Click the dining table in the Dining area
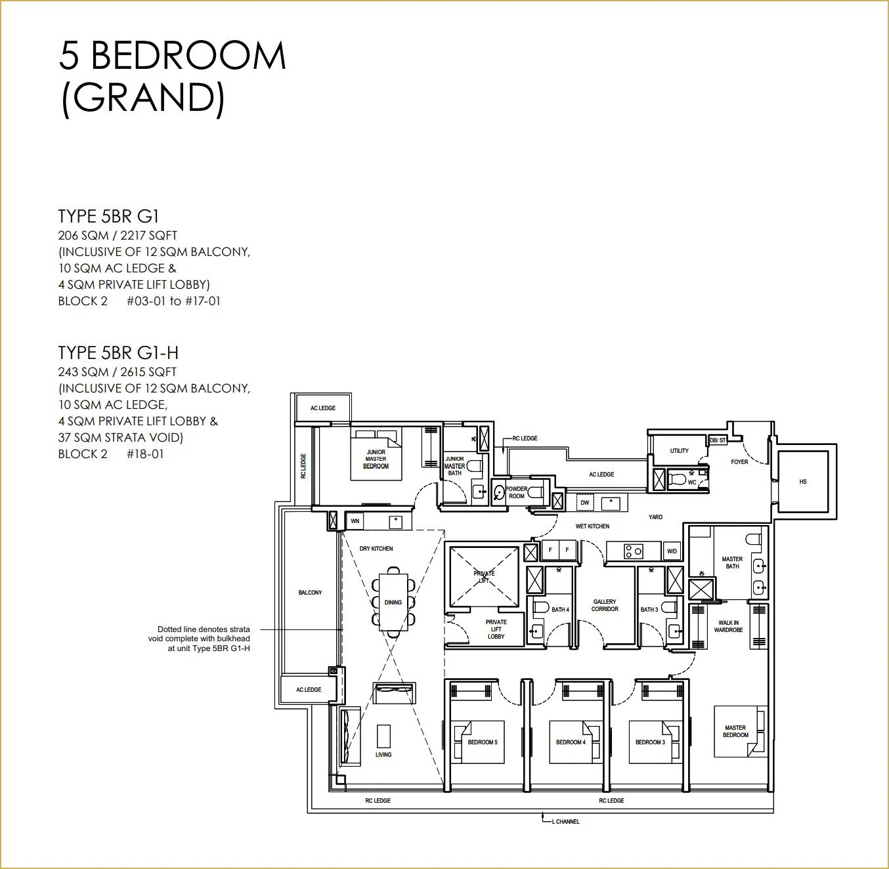(x=393, y=602)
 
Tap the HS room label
(x=802, y=481)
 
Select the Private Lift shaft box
(x=485, y=576)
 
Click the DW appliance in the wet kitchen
(x=585, y=502)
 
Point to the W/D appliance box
(x=672, y=551)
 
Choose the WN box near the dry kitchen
(x=355, y=521)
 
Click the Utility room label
(x=679, y=451)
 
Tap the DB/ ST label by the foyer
(x=718, y=440)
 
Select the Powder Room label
(x=516, y=492)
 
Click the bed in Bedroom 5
(x=478, y=742)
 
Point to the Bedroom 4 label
(x=571, y=742)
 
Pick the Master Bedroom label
(x=735, y=731)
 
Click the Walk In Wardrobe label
(x=728, y=626)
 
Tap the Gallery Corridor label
(x=605, y=605)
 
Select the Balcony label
(x=310, y=592)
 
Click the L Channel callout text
(x=565, y=822)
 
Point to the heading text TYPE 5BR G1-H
(x=118, y=352)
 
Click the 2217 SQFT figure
(x=148, y=236)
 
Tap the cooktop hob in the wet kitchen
(x=633, y=551)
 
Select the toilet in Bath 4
(x=540, y=607)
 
